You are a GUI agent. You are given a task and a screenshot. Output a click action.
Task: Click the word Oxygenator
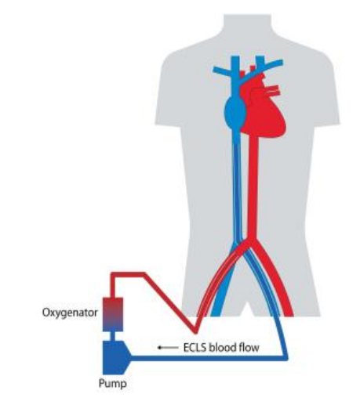[x=70, y=313]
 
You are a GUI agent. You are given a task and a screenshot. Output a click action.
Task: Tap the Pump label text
[x=113, y=384]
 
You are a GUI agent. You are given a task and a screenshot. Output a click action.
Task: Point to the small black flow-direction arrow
[x=168, y=348]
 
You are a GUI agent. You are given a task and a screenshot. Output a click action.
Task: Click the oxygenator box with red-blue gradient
[x=113, y=314]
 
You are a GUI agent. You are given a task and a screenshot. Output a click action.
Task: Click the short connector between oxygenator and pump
[x=113, y=336]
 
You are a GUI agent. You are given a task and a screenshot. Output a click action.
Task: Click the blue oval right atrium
[x=235, y=111]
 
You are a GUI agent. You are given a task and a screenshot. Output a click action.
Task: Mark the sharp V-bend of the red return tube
[x=195, y=332]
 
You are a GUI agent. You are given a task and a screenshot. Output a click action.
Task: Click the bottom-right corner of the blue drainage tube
[x=287, y=359]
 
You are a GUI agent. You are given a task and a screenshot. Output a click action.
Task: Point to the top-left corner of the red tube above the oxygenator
[x=112, y=273]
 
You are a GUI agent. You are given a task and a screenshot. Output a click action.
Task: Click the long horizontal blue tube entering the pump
[x=209, y=358]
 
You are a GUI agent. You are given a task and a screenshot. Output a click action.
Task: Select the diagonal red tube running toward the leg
[x=170, y=303]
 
